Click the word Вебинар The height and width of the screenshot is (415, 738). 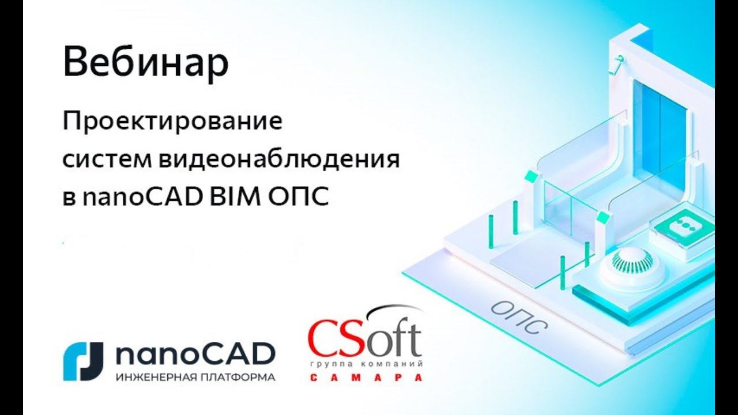145,63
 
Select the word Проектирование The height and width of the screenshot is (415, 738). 172,123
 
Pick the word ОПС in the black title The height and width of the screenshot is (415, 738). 298,197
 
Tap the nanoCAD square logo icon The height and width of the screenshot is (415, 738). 83,361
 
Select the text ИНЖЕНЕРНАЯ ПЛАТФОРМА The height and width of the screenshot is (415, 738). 195,378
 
